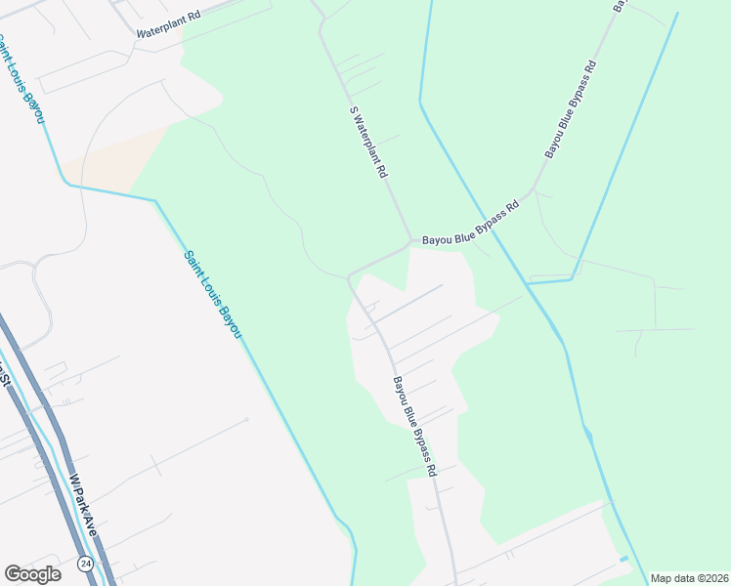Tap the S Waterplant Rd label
point(369,143)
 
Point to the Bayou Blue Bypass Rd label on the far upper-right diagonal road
point(571,109)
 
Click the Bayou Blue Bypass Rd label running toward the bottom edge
point(414,427)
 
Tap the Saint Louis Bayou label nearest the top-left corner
point(21,79)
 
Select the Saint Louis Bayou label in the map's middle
point(212,295)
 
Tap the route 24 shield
point(86,565)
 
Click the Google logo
point(32,574)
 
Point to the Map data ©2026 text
point(689,578)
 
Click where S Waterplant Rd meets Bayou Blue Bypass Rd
point(410,240)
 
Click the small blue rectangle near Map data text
point(623,559)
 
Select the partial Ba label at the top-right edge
point(620,5)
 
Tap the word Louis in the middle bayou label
point(213,296)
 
